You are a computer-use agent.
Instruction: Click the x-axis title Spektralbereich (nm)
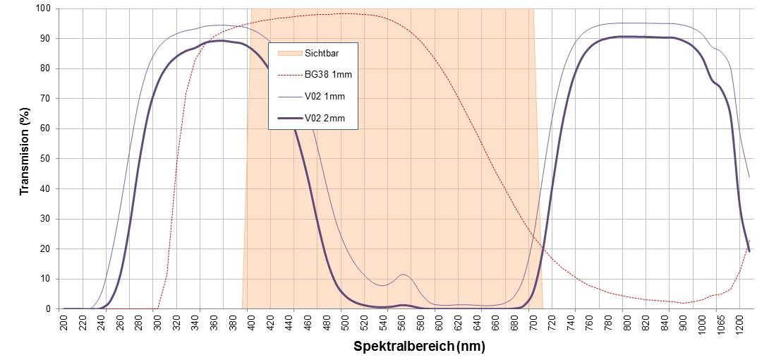pos(419,347)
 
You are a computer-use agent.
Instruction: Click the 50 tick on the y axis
pos(46,159)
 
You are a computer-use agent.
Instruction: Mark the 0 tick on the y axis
pos(48,309)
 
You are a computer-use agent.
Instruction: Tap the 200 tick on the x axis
pos(64,323)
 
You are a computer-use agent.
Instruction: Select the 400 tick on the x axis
pos(252,323)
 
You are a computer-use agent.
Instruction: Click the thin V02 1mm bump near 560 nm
pos(403,275)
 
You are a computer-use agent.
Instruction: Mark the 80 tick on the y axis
pos(46,69)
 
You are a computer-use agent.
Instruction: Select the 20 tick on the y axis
pos(46,249)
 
